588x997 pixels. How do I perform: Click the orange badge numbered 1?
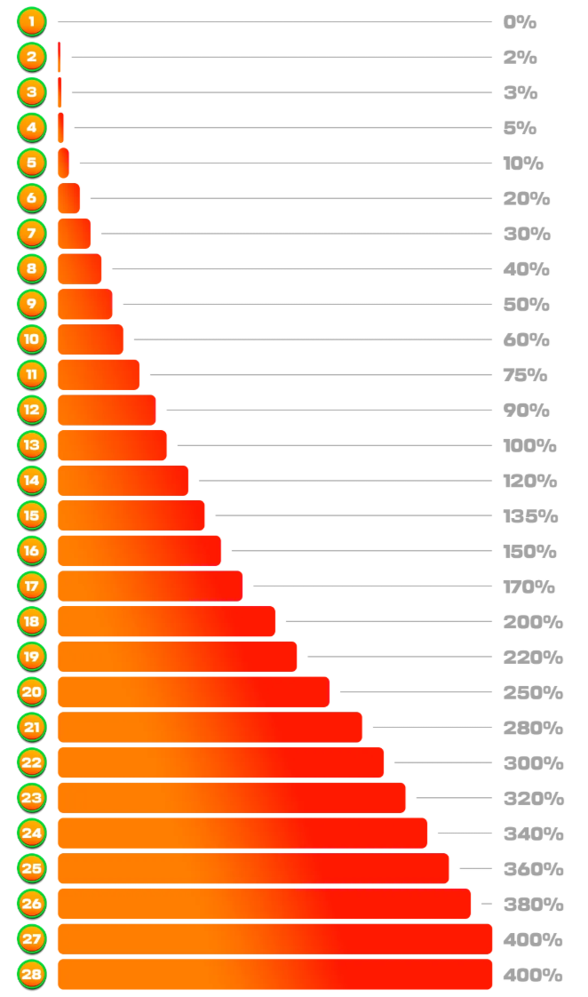click(x=32, y=21)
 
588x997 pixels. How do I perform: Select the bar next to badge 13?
click(x=112, y=445)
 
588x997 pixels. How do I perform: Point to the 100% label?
click(x=529, y=446)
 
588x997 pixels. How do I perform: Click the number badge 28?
click(x=32, y=975)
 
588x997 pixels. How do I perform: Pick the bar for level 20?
click(x=194, y=692)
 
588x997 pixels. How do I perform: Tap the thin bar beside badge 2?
click(x=60, y=57)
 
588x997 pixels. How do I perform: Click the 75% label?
click(x=525, y=375)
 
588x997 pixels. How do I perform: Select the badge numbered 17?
click(x=32, y=586)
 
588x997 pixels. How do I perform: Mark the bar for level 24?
click(x=242, y=833)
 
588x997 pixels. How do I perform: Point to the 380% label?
click(x=533, y=905)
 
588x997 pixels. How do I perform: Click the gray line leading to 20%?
click(x=290, y=198)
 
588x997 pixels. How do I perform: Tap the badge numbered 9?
click(x=32, y=304)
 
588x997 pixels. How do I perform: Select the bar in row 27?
click(x=274, y=939)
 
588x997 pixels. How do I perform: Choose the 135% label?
click(x=530, y=516)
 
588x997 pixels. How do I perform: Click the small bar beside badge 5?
click(x=63, y=163)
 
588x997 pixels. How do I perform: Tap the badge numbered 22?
click(x=32, y=762)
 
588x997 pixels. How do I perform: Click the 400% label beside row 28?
click(x=533, y=975)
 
